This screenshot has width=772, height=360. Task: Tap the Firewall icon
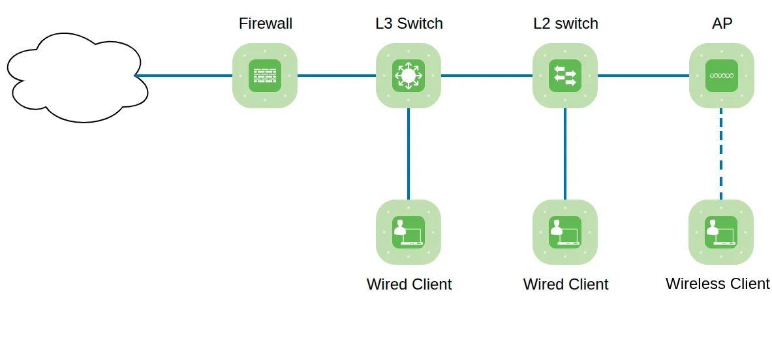[265, 76]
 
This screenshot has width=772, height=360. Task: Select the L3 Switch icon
[409, 76]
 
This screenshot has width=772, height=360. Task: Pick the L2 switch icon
[565, 76]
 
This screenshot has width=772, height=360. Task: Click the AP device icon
[722, 76]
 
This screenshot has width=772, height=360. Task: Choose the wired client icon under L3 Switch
[409, 232]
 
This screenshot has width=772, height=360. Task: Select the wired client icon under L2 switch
[565, 232]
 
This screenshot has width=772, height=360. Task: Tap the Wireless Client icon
[721, 232]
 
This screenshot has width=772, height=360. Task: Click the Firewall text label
[265, 24]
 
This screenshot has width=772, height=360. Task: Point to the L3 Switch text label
[409, 24]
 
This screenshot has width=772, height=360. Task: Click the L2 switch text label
[565, 24]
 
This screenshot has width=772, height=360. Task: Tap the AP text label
[722, 24]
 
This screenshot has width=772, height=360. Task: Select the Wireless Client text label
[717, 284]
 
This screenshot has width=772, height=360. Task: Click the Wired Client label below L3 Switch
[409, 284]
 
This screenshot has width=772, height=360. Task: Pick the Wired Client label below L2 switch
[566, 284]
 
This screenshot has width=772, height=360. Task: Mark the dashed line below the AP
[721, 154]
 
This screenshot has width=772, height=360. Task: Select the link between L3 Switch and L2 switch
[487, 76]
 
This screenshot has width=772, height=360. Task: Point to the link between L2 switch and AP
[643, 76]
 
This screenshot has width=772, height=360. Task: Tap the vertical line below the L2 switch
[565, 154]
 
